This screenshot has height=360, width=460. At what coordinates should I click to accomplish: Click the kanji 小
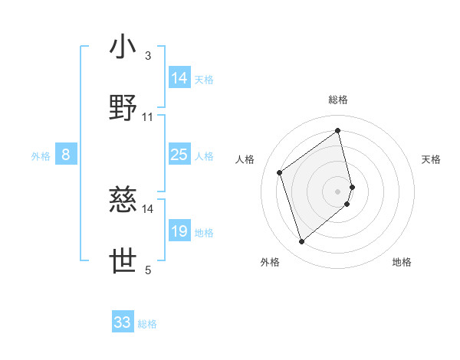123,47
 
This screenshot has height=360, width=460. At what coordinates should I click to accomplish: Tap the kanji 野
123,109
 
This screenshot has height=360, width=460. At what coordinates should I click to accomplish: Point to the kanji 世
123,261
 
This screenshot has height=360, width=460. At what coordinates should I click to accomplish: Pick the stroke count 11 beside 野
148,117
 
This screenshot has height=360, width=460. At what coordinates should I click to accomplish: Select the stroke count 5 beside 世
147,270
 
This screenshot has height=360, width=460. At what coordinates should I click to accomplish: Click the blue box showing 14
179,78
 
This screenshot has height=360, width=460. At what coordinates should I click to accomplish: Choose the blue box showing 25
179,155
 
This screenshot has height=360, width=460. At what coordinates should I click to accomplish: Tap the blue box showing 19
179,231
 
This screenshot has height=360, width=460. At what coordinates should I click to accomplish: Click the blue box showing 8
66,155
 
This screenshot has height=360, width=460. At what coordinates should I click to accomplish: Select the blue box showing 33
123,322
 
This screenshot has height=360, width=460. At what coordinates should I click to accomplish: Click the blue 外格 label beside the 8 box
41,155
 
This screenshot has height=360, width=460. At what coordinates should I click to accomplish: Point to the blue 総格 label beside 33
147,324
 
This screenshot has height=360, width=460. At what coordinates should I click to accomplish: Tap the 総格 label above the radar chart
338,100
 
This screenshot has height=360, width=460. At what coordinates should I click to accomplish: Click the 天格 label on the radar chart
431,159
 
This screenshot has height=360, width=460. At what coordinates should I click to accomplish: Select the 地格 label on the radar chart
402,262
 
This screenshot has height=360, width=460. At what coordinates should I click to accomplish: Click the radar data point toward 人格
280,172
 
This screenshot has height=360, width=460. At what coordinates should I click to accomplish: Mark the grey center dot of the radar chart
338,190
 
